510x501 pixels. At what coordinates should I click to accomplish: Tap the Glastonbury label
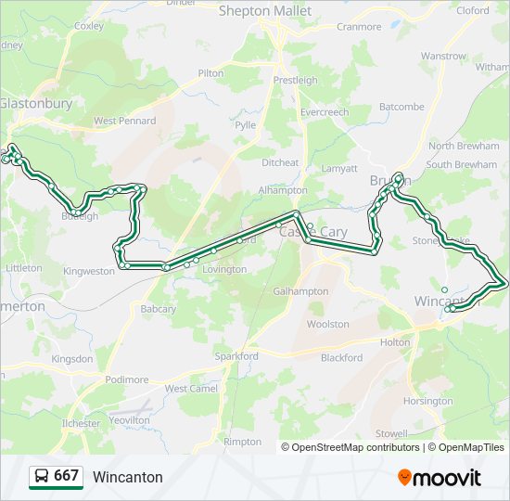35,104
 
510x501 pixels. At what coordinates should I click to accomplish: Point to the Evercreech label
324,112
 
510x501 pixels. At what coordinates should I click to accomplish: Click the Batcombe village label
401,107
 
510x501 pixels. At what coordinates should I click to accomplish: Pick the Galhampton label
300,291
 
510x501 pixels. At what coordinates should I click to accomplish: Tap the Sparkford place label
236,356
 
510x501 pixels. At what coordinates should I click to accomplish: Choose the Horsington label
428,401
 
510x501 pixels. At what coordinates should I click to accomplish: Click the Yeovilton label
129,419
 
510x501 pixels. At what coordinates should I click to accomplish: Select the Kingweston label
89,271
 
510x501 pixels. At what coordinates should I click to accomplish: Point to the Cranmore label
359,27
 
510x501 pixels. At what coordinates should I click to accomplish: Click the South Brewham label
462,165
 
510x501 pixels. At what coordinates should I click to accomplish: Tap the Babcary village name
158,308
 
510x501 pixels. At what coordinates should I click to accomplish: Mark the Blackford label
341,357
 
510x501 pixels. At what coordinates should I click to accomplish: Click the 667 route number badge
66,476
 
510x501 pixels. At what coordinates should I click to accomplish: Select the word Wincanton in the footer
127,477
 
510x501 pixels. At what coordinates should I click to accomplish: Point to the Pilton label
210,73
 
